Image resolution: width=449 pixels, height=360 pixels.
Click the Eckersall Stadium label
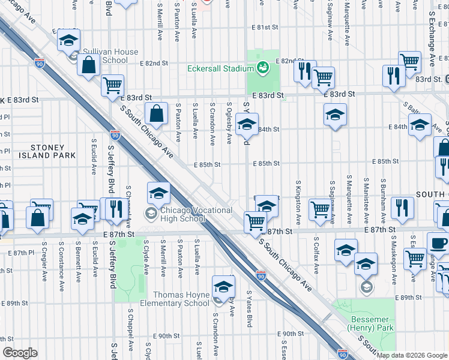(220, 68)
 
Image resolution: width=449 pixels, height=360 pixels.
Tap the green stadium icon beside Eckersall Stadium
(262, 68)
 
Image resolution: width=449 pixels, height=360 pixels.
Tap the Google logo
(19, 353)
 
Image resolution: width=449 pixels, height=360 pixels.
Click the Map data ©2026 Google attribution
(411, 355)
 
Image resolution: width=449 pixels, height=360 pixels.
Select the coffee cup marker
(438, 244)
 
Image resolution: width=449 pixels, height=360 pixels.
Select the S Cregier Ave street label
(44, 262)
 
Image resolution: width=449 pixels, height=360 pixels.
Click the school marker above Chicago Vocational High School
(158, 194)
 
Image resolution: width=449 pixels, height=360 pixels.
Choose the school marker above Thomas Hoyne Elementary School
(223, 286)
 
